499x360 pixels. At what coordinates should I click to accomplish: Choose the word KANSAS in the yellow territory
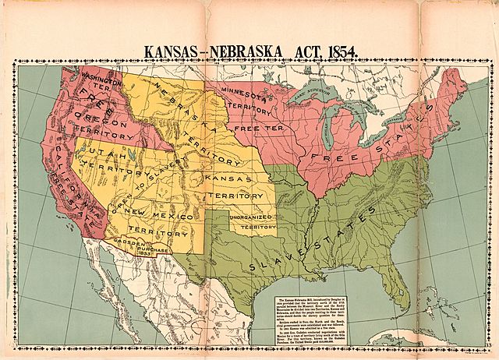tap(226, 178)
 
